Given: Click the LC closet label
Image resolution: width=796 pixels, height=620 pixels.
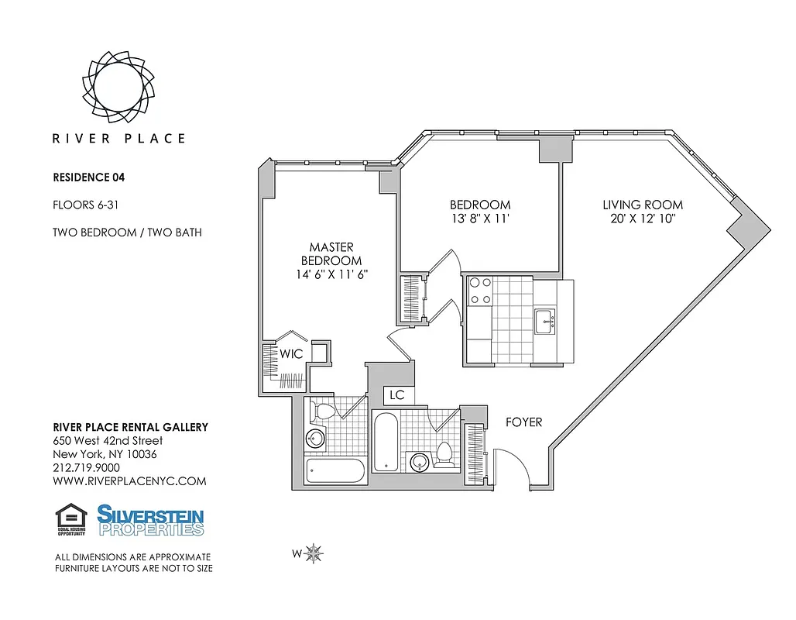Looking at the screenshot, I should [x=397, y=395].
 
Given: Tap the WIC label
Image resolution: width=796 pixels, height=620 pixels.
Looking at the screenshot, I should [x=291, y=354].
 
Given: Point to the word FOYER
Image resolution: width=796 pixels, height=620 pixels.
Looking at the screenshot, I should [x=523, y=422].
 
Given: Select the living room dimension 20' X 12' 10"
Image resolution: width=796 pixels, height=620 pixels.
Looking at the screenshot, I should [x=643, y=219].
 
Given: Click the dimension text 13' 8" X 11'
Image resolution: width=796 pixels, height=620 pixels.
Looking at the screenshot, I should [x=480, y=219].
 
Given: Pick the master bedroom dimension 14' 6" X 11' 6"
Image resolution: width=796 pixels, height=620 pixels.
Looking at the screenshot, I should [x=331, y=274].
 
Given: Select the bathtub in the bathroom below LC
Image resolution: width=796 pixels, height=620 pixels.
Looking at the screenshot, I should [x=385, y=442].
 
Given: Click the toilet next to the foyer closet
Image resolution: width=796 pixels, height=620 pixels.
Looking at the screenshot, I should [x=444, y=454].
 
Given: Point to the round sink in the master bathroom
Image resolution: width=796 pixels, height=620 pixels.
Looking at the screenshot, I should [x=316, y=439].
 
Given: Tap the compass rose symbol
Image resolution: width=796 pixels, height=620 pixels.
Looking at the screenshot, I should [x=314, y=553].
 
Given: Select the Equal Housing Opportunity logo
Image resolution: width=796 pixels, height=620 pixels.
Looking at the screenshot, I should [x=70, y=520].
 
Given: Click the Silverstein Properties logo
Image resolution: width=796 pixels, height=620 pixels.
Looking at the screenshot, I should [x=150, y=520].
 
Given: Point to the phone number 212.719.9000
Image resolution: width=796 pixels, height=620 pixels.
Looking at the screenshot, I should [x=86, y=467].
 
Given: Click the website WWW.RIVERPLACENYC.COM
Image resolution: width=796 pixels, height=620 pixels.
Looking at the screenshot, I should [x=129, y=480].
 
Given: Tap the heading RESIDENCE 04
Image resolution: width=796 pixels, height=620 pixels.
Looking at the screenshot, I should [x=88, y=177].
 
